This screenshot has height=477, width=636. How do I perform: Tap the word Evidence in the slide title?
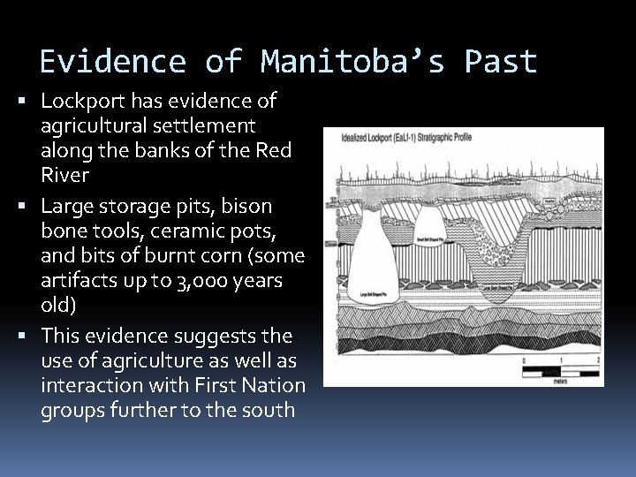[111, 62]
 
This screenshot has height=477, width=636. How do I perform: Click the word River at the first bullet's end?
[64, 176]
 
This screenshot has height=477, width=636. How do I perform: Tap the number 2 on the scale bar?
[599, 361]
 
